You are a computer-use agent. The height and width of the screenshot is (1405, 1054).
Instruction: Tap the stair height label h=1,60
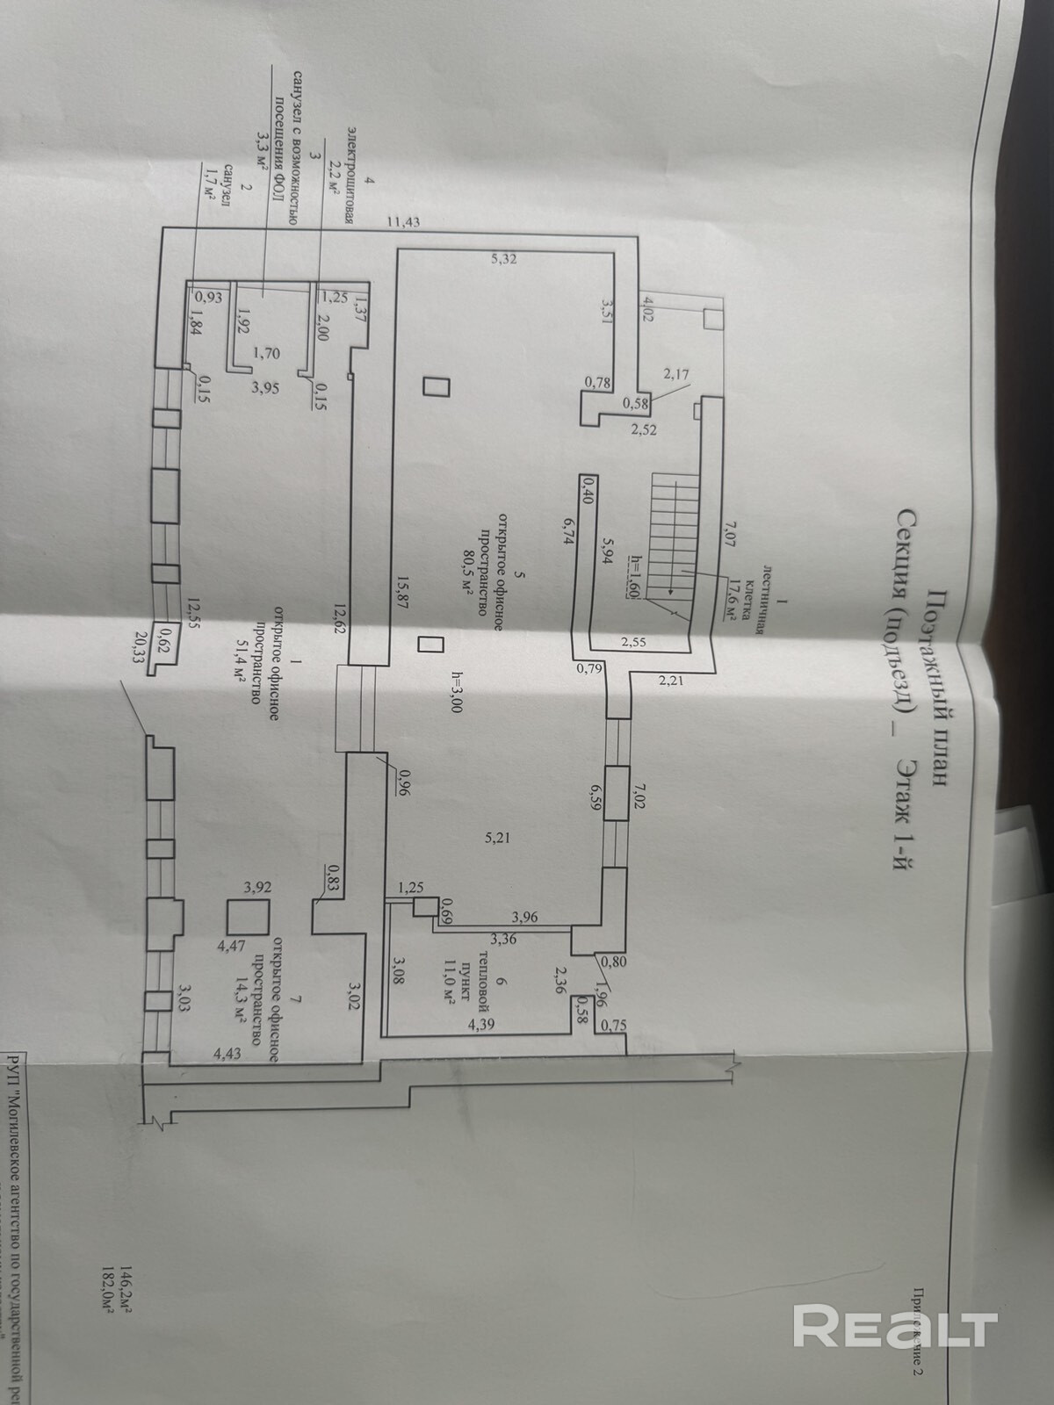(632, 577)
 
